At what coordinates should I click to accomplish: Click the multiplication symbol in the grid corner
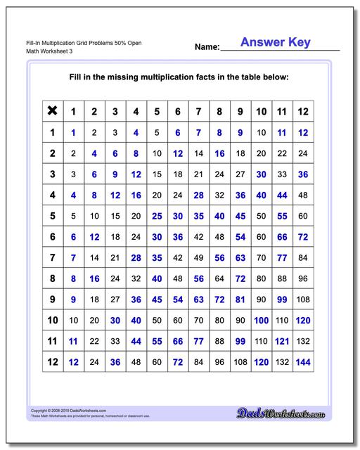[x=51, y=110]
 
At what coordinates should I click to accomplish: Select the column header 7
[x=198, y=111]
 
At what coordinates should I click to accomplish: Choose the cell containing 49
[x=198, y=259]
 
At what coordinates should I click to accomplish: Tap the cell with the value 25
[x=157, y=217]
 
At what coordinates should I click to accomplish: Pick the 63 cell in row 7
[x=240, y=259]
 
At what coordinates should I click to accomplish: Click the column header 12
[x=303, y=111]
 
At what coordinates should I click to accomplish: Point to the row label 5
[x=51, y=217]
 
